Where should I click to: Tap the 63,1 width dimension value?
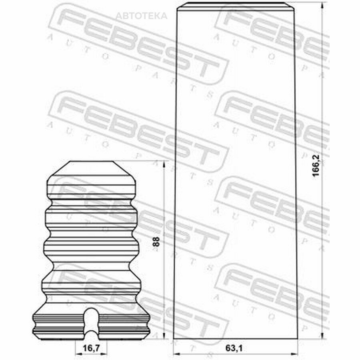pos(234,348)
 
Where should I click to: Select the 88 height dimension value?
pos(156,242)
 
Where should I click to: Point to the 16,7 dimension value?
pos(91,348)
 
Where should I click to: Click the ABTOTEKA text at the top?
pos(142,16)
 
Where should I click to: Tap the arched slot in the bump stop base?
pos(91,324)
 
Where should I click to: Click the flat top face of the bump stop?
pos(91,162)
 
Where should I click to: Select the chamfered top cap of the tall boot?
pos(236,6)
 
